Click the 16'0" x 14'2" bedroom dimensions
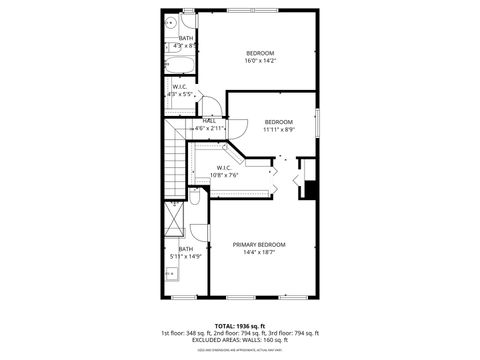260,61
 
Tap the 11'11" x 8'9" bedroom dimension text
279,129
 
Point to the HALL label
209,121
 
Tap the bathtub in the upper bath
179,67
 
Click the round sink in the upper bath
171,23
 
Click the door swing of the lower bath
199,234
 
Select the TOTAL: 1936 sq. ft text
239,325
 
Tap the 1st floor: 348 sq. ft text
185,332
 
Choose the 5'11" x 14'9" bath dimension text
186,256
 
